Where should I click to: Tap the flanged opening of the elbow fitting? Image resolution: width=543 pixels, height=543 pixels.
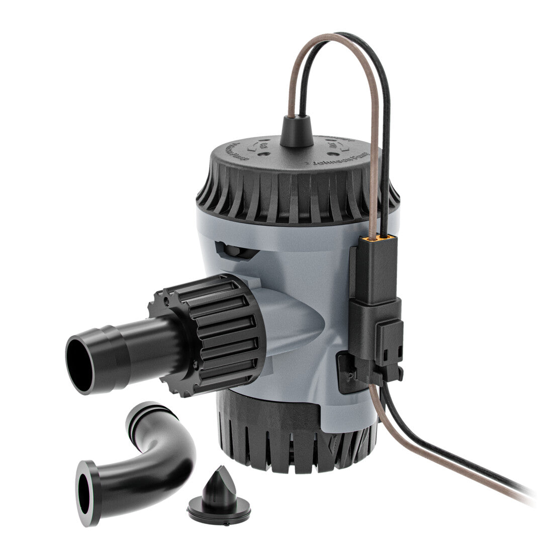[85, 492]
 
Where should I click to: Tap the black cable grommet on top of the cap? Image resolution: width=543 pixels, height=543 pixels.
[297, 132]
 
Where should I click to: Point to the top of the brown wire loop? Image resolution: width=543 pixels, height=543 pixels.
[332, 36]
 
